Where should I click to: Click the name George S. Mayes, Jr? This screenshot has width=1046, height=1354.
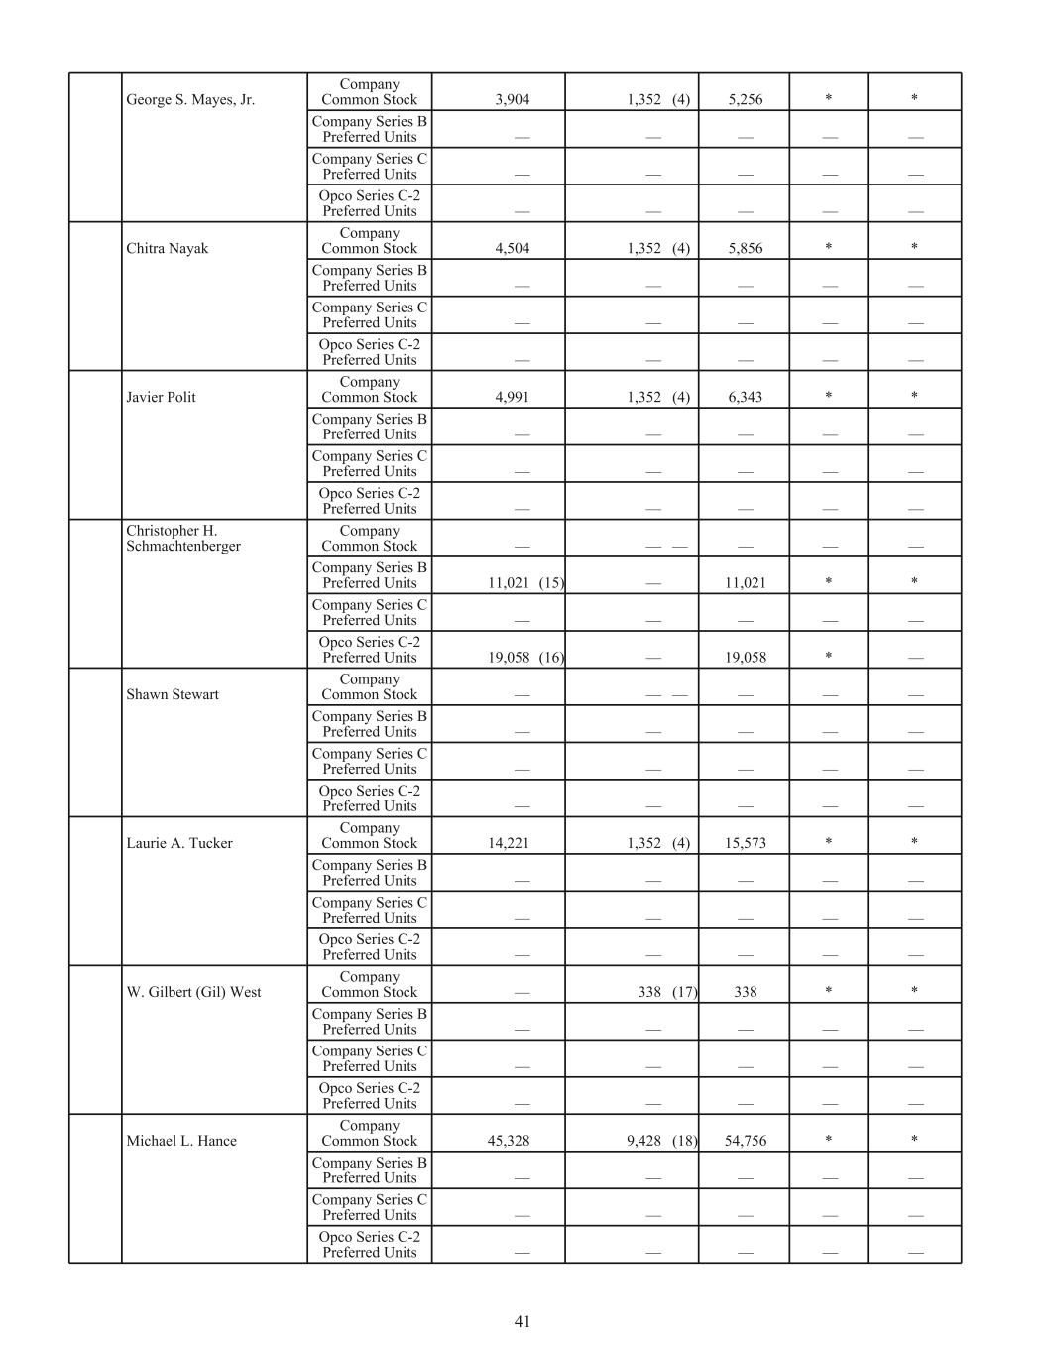(x=190, y=99)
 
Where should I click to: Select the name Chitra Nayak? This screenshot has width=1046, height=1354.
(x=168, y=248)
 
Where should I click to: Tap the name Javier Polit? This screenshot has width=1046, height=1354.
(x=161, y=397)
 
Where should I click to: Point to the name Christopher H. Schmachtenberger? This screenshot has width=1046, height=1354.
(x=183, y=538)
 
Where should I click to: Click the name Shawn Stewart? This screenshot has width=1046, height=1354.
(x=173, y=694)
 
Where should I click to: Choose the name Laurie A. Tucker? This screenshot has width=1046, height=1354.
(x=179, y=843)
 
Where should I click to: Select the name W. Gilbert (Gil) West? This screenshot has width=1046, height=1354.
(x=193, y=992)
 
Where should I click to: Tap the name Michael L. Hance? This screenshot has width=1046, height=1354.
(x=181, y=1141)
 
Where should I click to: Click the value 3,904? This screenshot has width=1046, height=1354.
(x=512, y=99)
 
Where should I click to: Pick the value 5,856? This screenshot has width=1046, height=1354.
(x=745, y=249)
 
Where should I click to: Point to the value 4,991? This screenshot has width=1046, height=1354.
(x=512, y=397)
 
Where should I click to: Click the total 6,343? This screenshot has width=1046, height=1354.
(x=745, y=397)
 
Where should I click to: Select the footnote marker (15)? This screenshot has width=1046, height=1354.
(x=551, y=583)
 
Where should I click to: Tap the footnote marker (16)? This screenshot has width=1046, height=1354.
(x=551, y=658)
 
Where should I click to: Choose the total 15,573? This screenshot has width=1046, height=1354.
(x=745, y=843)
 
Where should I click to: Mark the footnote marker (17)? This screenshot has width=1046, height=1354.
(x=684, y=992)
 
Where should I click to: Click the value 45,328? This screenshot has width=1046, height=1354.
(x=509, y=1141)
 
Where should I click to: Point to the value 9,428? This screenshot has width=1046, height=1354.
(x=643, y=1141)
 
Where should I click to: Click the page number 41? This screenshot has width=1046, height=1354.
(x=523, y=1321)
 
